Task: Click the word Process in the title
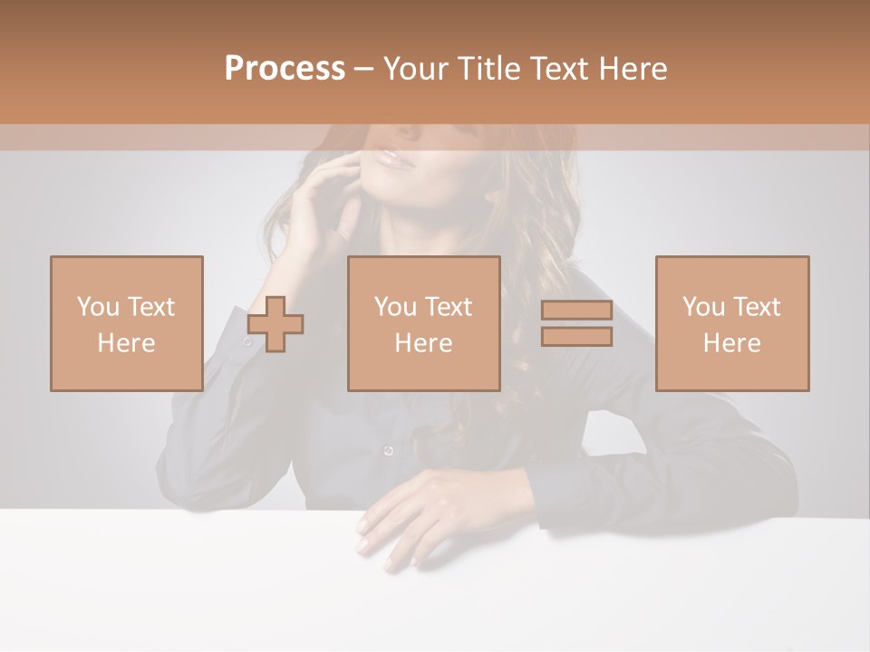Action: [x=285, y=69]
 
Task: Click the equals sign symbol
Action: [x=576, y=323]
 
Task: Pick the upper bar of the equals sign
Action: [x=576, y=311]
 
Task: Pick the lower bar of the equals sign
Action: [x=576, y=336]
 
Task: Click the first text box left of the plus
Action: [x=126, y=323]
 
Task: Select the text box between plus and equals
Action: [x=423, y=323]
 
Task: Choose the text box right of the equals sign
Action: [x=731, y=323]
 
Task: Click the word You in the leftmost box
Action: [x=98, y=307]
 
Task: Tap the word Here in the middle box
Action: [x=423, y=343]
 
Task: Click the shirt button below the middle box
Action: [x=389, y=450]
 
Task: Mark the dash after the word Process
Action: [x=363, y=69]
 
